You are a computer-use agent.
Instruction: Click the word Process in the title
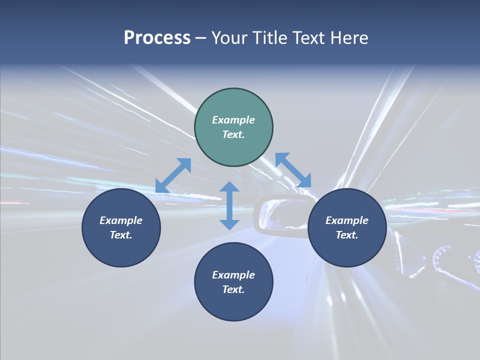(157, 38)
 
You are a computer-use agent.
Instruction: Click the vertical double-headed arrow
(229, 205)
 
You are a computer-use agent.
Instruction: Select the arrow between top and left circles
(173, 175)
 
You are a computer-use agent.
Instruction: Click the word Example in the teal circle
(233, 120)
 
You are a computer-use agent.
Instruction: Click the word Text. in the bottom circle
(233, 289)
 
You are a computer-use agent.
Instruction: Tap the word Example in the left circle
(121, 220)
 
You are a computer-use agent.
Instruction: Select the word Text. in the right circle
(347, 235)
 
